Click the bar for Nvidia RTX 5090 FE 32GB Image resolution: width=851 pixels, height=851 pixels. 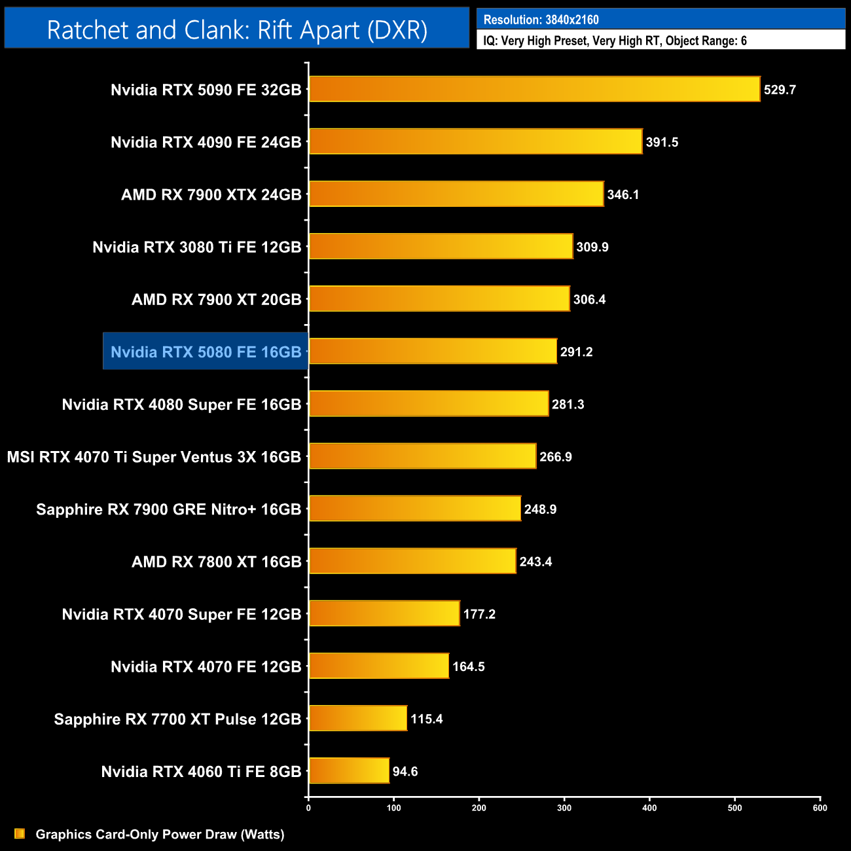coord(534,89)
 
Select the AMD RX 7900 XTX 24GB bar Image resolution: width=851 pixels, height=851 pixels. coord(456,194)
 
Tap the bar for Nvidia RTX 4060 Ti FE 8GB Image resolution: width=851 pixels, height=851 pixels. coord(349,770)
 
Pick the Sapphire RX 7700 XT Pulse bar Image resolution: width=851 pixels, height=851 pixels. coord(358,718)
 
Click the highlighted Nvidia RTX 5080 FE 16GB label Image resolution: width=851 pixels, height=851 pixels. coord(206,352)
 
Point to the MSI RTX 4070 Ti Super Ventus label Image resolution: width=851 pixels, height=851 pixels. coord(154,457)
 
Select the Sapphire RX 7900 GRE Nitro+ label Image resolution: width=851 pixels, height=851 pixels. coord(168,509)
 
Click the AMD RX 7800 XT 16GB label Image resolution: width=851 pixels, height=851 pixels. coord(216,562)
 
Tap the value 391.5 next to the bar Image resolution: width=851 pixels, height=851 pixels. coord(662,142)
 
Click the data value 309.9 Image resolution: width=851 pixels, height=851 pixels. coord(592,247)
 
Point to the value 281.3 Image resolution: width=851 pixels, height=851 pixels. coord(568,405)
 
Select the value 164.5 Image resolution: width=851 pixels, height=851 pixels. coord(469,666)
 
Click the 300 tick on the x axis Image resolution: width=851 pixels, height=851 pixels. coord(564,808)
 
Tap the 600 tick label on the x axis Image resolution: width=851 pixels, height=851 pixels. coord(820,808)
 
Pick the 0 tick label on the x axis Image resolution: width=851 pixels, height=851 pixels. coord(308,808)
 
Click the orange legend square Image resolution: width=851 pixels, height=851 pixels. coord(20,833)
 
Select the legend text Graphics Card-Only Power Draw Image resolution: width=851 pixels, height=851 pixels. coord(160,834)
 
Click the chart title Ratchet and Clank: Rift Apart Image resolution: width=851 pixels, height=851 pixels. coord(237,29)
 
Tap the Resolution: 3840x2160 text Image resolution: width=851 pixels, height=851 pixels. coord(541,20)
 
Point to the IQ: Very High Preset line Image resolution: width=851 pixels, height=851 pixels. coord(615,41)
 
